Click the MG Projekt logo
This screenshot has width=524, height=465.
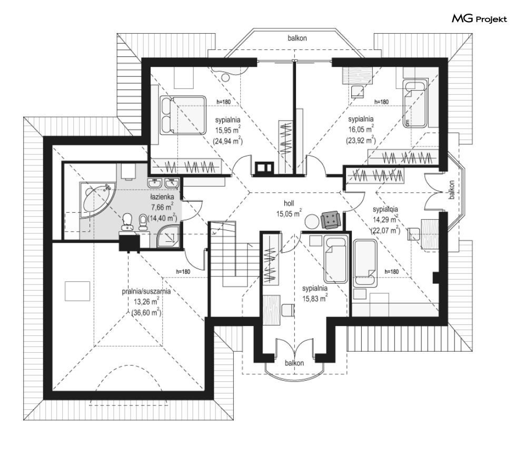(479, 19)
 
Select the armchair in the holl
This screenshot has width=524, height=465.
(331, 219)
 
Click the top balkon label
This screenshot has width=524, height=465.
(297, 38)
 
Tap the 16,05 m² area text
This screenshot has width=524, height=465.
(361, 129)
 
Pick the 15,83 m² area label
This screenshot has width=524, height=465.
(315, 298)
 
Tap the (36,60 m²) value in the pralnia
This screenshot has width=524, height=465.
(146, 312)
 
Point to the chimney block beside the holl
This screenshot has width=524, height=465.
(262, 167)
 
